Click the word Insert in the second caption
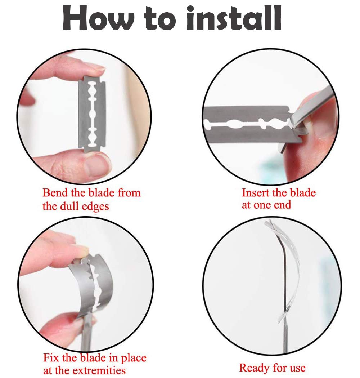pyautogui.click(x=256, y=193)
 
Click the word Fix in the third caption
pyautogui.click(x=51, y=357)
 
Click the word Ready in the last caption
pyautogui.click(x=254, y=368)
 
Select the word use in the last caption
pyautogui.click(x=298, y=368)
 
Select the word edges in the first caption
pyautogui.click(x=95, y=206)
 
